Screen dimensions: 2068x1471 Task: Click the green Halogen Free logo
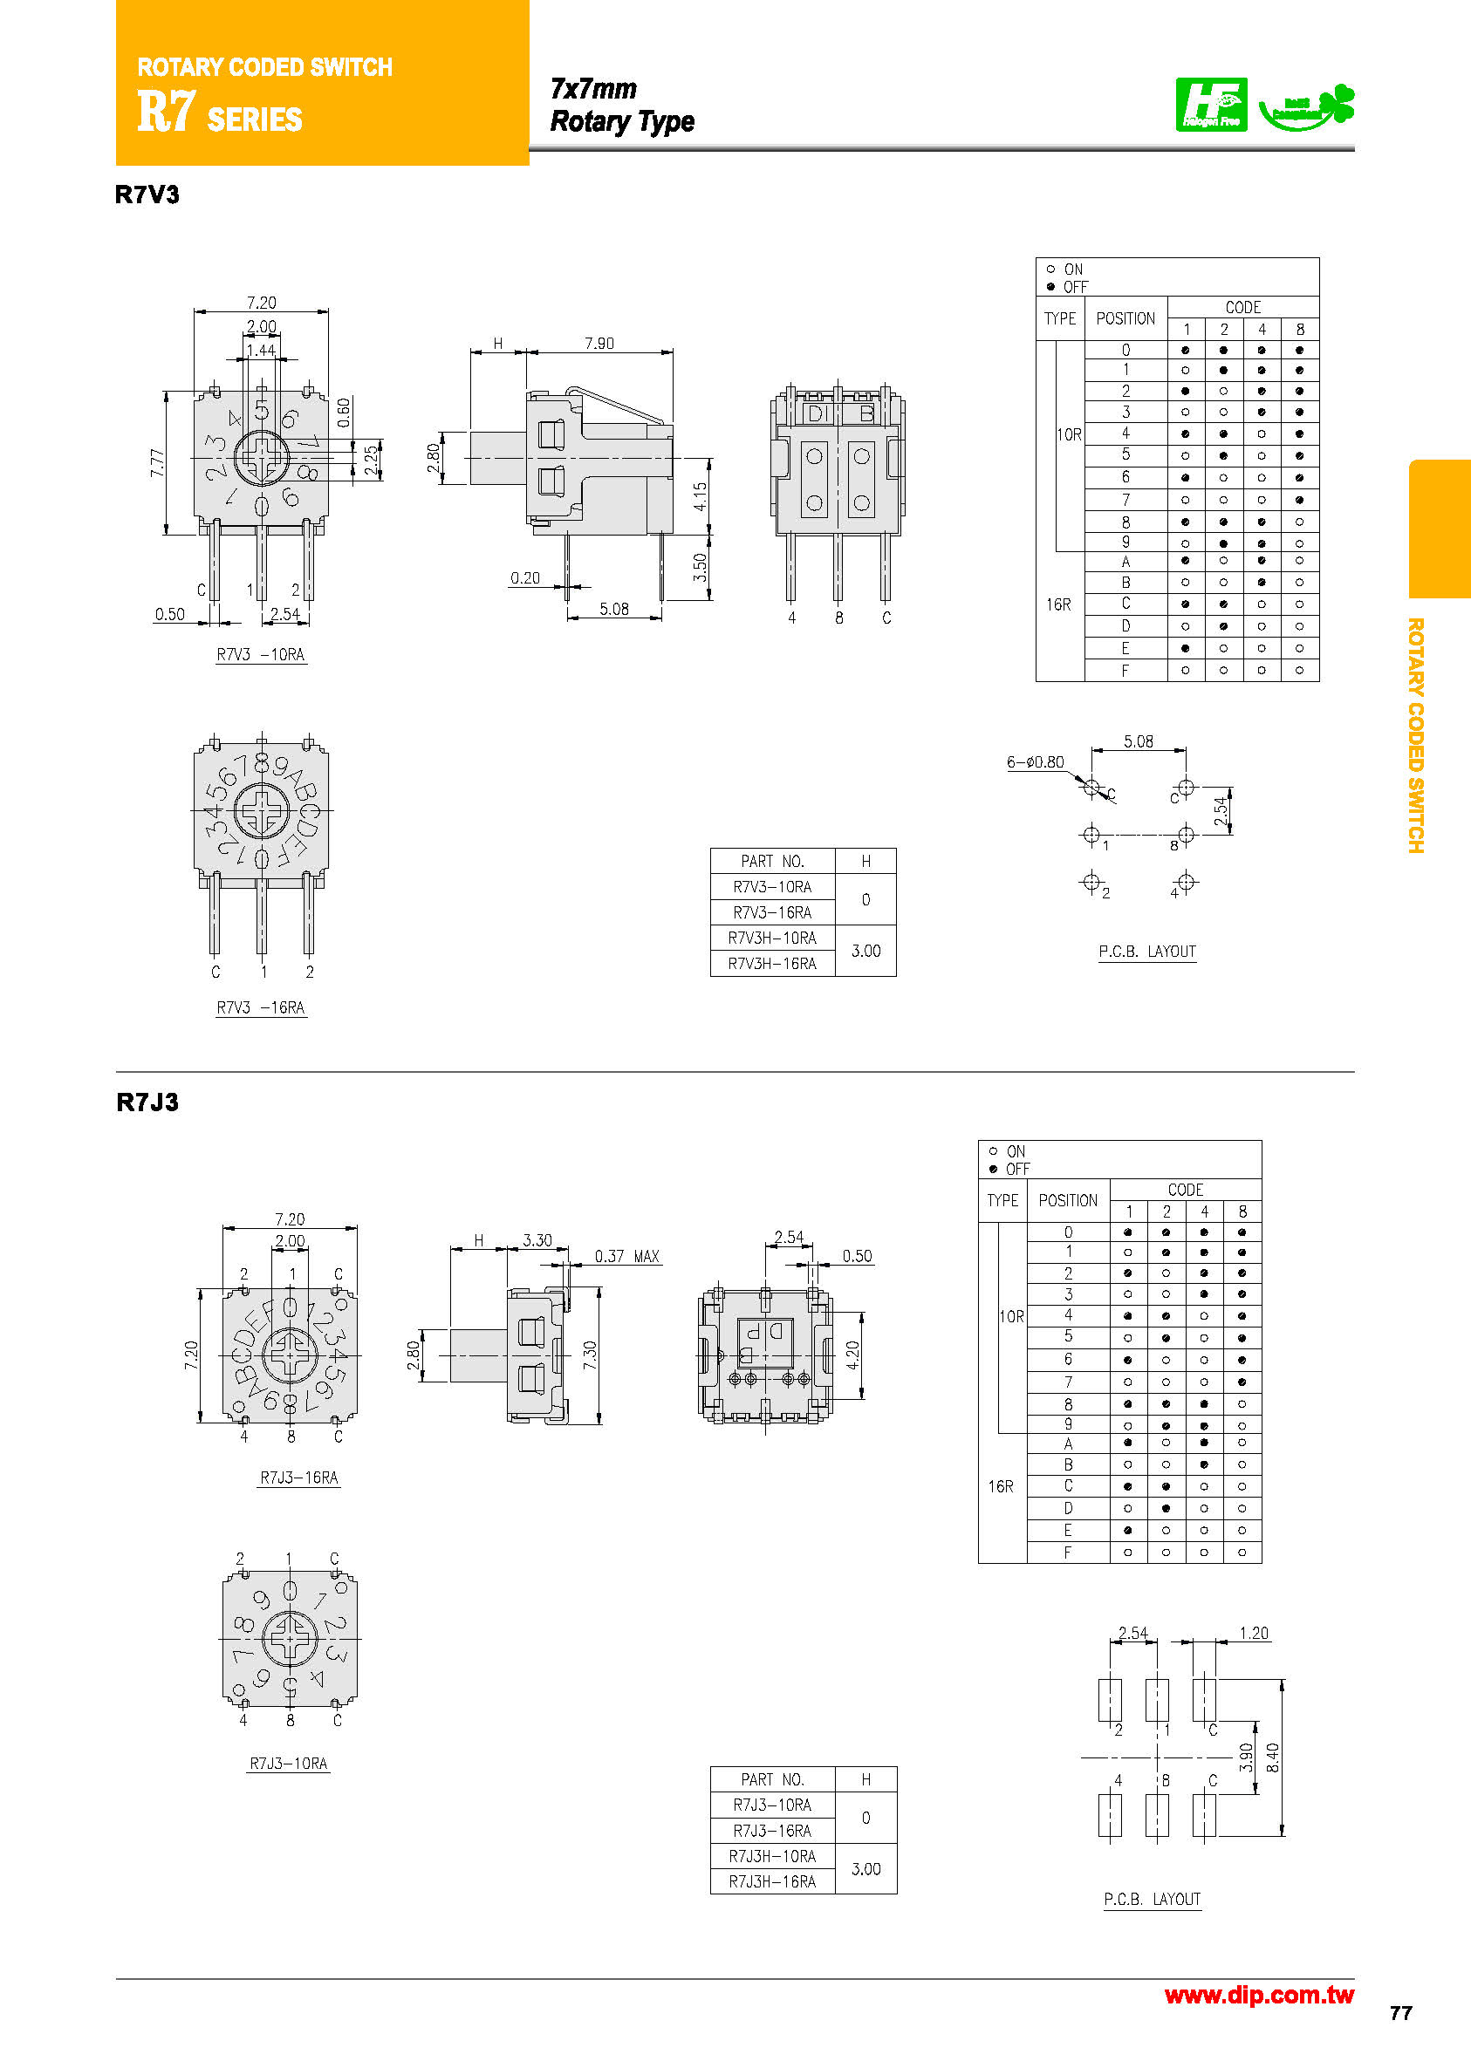point(1210,105)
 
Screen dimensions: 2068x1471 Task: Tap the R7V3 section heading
point(147,195)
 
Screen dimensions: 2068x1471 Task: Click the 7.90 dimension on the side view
point(599,343)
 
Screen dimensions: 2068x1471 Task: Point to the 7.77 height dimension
point(158,464)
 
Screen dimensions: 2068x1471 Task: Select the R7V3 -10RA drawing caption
point(261,655)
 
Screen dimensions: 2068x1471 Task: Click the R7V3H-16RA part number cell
point(772,964)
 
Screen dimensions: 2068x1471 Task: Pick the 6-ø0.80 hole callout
point(1035,762)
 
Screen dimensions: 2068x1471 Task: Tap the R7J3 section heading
point(147,1102)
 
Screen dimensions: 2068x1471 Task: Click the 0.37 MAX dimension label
point(626,1256)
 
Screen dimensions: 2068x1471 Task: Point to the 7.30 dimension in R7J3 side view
point(590,1355)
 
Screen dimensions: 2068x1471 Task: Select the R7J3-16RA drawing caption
point(299,1478)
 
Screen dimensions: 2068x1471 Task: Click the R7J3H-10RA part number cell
point(772,1856)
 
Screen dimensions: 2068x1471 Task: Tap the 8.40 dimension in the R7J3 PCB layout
point(1273,1757)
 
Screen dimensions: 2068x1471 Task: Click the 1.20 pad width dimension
point(1254,1634)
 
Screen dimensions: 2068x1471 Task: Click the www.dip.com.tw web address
point(1258,1996)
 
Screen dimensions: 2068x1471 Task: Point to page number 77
point(1400,2013)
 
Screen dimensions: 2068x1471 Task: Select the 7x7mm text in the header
point(593,89)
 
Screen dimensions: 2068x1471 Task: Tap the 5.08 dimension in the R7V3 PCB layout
point(1138,741)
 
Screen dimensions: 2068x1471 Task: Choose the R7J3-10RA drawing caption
point(288,1763)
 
